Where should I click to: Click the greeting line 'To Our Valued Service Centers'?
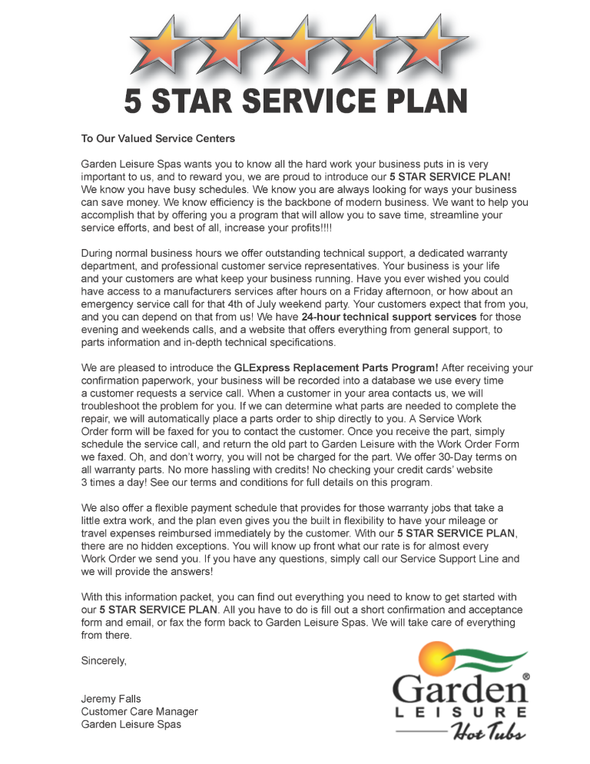click(x=158, y=139)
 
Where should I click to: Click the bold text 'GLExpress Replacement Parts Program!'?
click(x=336, y=367)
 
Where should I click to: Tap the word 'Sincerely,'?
click(x=104, y=660)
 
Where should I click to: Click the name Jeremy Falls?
click(x=111, y=699)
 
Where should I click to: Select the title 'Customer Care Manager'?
click(x=139, y=712)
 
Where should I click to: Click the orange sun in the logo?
click(x=432, y=657)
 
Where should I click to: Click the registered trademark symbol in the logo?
click(x=525, y=677)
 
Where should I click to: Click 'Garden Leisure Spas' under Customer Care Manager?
click(x=131, y=724)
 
